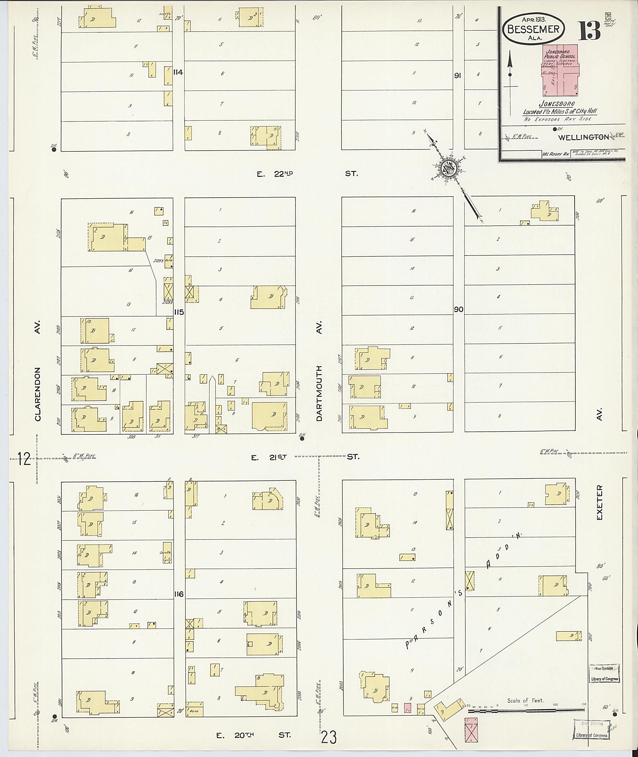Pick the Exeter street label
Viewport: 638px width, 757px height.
[600, 503]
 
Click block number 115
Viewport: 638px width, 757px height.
[179, 312]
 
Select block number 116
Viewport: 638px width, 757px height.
[179, 594]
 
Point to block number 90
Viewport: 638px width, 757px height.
[459, 309]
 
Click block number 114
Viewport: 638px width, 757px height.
[178, 72]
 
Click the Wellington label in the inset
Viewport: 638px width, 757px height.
[583, 137]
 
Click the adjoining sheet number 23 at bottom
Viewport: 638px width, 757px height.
[328, 737]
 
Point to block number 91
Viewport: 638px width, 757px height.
[458, 76]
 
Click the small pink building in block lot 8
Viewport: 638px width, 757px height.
[407, 708]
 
